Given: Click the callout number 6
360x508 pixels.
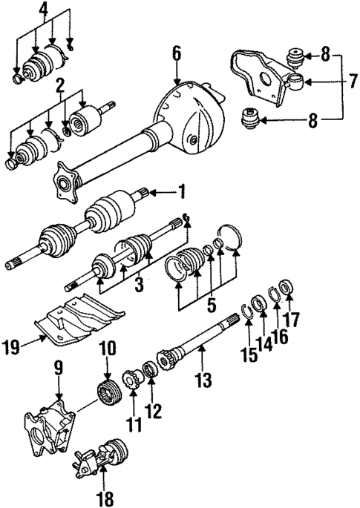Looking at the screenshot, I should (x=177, y=53).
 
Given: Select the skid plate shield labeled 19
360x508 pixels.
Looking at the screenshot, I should (x=74, y=320).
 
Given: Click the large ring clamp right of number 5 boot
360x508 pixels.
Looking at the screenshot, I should (x=233, y=237).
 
